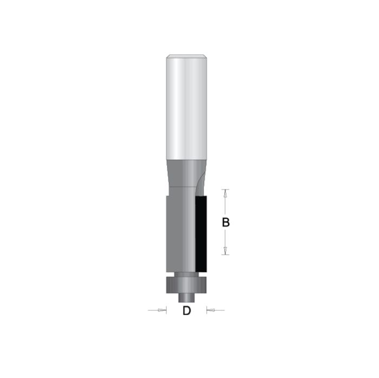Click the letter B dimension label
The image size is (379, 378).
pos(226,222)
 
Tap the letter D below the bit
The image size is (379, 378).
pos(187,311)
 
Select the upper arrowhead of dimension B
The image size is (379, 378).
pos(226,193)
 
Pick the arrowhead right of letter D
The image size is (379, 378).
pos(211,310)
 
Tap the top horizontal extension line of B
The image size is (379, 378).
pos(226,189)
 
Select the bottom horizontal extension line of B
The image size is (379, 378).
pos(226,255)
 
